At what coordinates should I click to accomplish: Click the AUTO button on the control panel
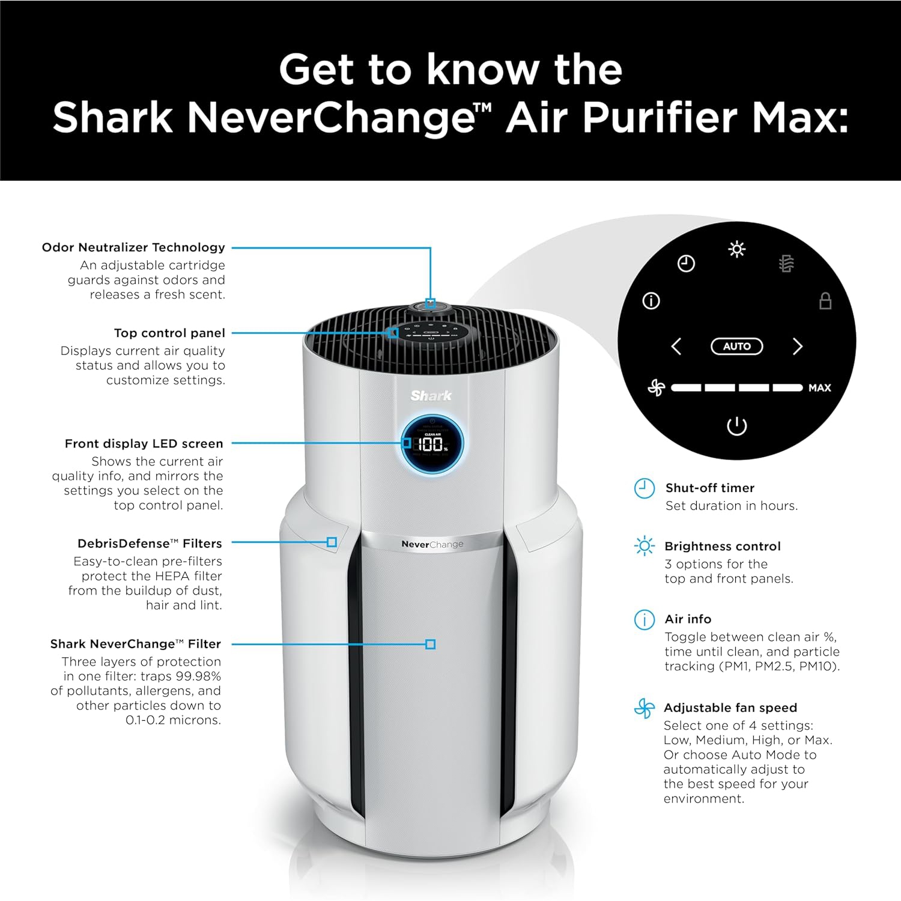click(736, 347)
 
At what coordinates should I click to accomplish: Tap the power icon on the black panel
click(736, 426)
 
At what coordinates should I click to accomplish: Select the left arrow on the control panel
click(676, 347)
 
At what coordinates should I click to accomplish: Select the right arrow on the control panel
click(797, 347)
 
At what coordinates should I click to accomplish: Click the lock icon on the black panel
click(825, 300)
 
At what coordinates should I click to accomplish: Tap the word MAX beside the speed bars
click(819, 388)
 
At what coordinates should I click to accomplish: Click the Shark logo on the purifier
click(431, 395)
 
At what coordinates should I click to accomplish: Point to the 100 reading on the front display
click(430, 444)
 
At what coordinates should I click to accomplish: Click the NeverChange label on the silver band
click(432, 544)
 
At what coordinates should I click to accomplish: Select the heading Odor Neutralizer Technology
click(133, 247)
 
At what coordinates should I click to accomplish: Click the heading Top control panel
click(169, 333)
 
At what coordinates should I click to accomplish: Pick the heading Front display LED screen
click(144, 444)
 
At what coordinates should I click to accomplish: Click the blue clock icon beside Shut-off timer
click(645, 488)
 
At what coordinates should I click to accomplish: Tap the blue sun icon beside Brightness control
click(645, 546)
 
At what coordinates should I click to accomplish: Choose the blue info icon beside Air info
click(645, 619)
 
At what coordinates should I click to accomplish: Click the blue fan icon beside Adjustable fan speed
click(644, 708)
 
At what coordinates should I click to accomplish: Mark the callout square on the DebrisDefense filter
click(332, 542)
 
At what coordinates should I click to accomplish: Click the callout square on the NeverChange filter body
click(430, 645)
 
